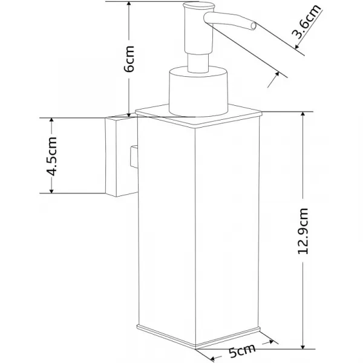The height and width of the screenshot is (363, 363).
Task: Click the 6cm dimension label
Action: click(129, 59)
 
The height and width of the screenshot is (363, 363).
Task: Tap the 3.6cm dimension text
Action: click(306, 21)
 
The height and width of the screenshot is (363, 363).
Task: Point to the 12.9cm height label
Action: click(303, 231)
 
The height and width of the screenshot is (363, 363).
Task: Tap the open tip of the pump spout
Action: click(253, 25)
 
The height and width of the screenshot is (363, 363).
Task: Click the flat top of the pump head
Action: click(199, 5)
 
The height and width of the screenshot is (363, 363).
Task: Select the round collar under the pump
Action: click(198, 91)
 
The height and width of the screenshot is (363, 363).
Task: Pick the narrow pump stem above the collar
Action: click(198, 62)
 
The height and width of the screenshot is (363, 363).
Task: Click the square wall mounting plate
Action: click(122, 157)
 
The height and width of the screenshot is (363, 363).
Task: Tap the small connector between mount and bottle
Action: click(134, 157)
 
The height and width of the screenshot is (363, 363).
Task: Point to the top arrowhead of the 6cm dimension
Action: click(129, 4)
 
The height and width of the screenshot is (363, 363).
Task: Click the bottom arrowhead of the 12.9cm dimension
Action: click(303, 345)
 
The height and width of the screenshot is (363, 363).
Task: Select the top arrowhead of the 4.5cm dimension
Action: click(51, 121)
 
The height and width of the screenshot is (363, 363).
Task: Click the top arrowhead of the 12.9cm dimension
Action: click(303, 115)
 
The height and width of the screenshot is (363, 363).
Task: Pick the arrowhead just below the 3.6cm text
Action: click(298, 47)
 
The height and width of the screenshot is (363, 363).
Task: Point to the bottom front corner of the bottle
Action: click(195, 347)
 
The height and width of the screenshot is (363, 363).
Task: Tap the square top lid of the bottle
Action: click(198, 116)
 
